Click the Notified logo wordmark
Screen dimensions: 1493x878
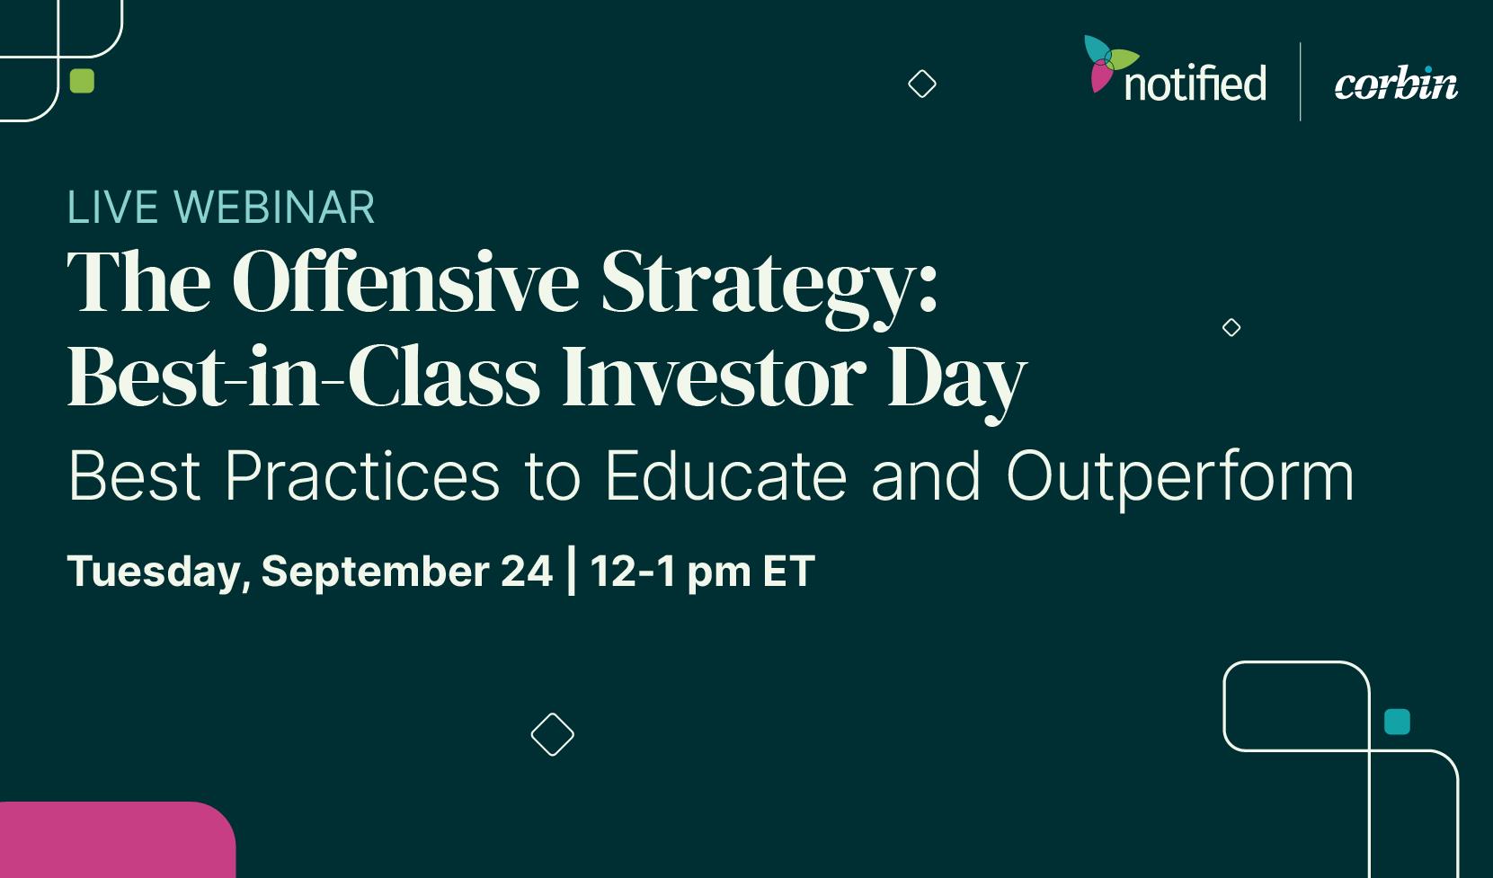[x=1195, y=83]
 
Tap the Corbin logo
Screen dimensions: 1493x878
[x=1396, y=84]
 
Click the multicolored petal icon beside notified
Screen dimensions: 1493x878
[x=1108, y=63]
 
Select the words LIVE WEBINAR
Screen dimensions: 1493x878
[x=220, y=208]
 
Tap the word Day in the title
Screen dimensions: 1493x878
[x=957, y=384]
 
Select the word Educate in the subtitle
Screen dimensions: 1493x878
[x=726, y=475]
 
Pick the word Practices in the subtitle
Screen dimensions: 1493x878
[x=362, y=475]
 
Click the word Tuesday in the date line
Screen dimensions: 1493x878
[x=158, y=572]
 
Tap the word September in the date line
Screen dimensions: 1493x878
[x=375, y=572]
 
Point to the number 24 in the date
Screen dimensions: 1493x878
[x=527, y=571]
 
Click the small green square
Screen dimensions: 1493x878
[x=82, y=81]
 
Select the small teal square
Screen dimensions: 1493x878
[x=1397, y=722]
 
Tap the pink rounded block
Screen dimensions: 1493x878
[x=118, y=840]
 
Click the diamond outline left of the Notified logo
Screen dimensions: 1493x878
[x=922, y=84]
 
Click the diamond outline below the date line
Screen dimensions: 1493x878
[x=553, y=735]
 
